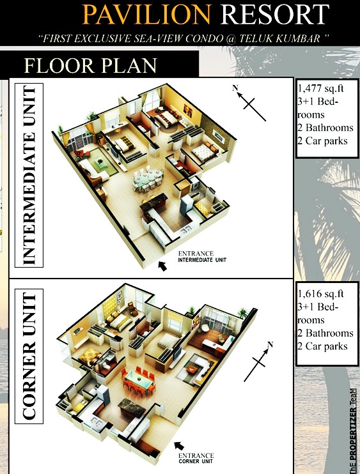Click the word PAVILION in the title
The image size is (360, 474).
(x=146, y=14)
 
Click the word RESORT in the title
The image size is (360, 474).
(x=275, y=14)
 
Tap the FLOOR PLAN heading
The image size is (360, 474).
(x=90, y=65)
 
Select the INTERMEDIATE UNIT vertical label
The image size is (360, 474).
(x=29, y=175)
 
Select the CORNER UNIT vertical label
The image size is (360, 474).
(x=29, y=356)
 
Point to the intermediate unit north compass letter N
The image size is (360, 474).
(x=235, y=88)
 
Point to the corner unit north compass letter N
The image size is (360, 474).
(x=270, y=344)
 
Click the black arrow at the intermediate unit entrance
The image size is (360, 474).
(x=163, y=266)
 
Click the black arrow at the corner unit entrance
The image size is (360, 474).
(x=179, y=446)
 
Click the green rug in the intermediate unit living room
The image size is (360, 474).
(x=101, y=163)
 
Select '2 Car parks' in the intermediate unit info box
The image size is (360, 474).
(x=322, y=141)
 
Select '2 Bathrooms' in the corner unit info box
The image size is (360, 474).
(x=325, y=333)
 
